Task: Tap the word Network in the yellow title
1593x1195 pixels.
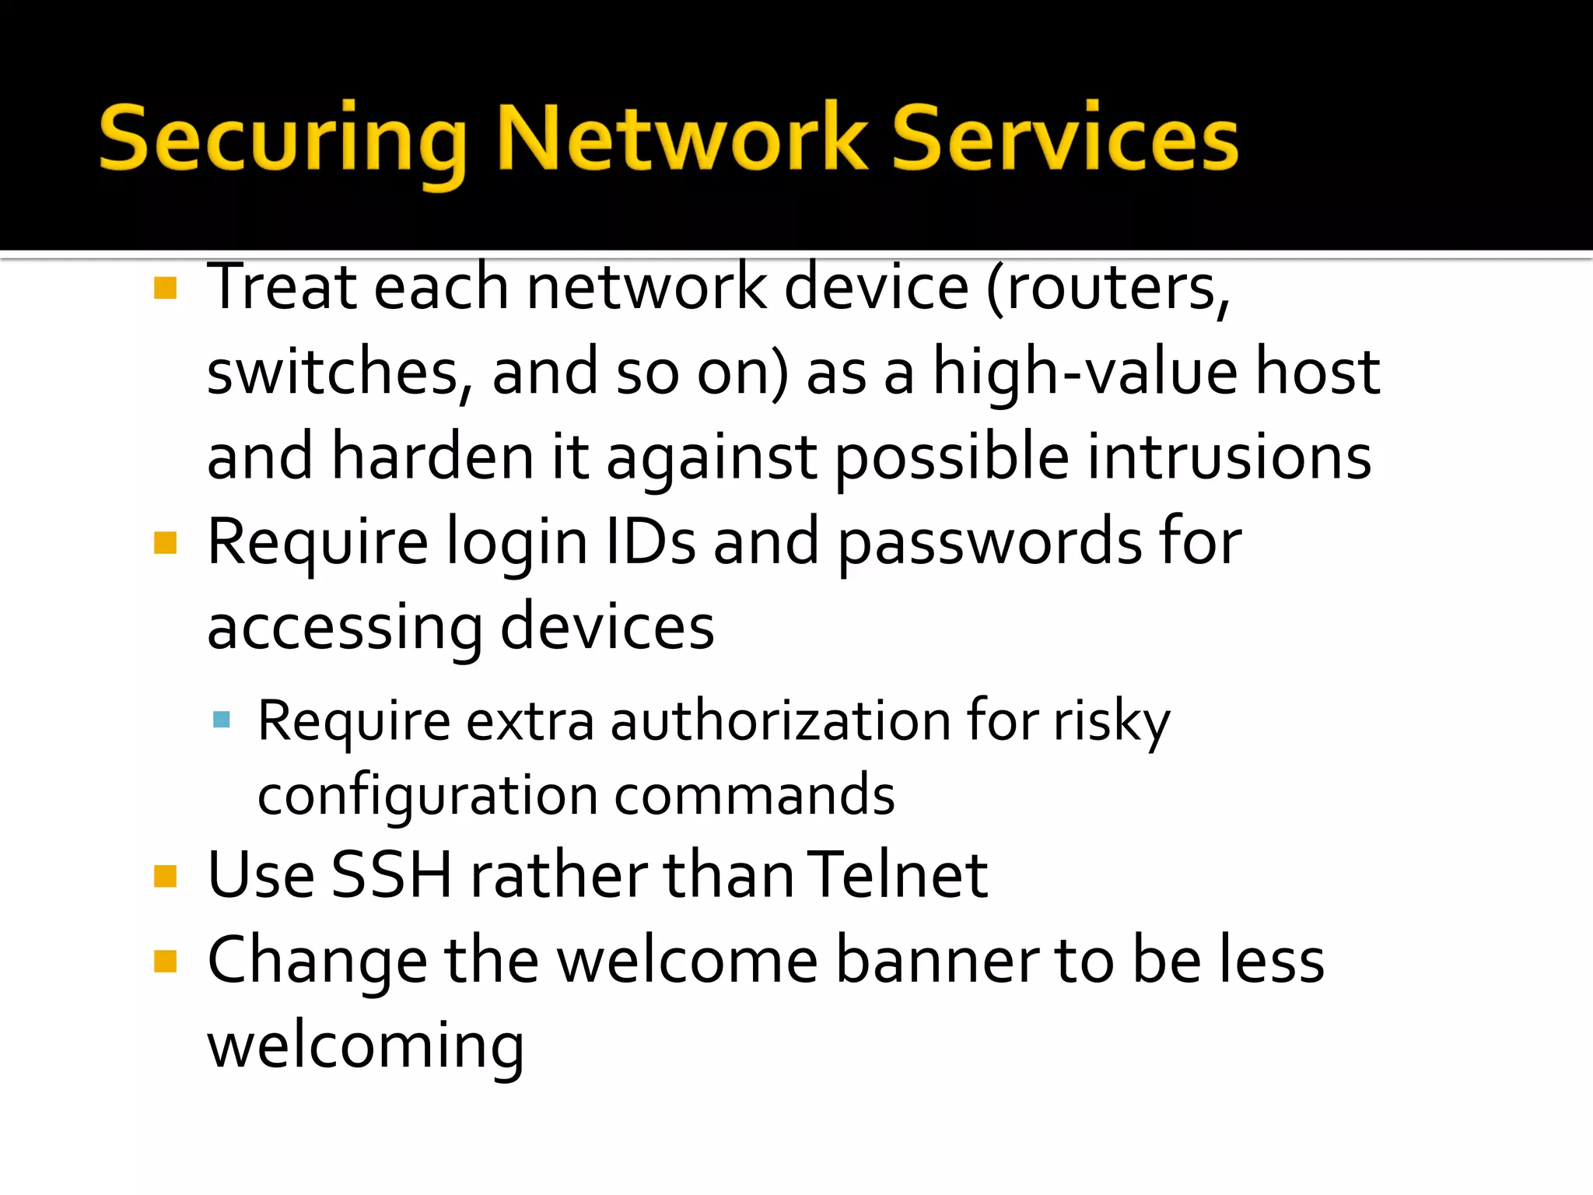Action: pos(681,138)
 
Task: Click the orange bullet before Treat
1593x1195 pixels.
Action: pos(166,288)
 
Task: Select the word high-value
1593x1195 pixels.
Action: pos(1085,372)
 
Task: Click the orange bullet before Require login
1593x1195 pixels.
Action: pos(166,542)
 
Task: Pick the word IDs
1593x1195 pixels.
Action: pos(650,542)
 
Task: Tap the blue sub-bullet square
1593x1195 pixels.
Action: pos(222,719)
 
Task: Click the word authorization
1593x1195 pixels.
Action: pos(780,720)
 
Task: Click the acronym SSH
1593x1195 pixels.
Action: pos(392,875)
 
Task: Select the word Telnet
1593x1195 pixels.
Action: pos(897,875)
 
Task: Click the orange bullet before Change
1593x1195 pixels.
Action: pos(166,962)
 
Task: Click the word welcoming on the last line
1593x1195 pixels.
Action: pos(366,1046)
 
